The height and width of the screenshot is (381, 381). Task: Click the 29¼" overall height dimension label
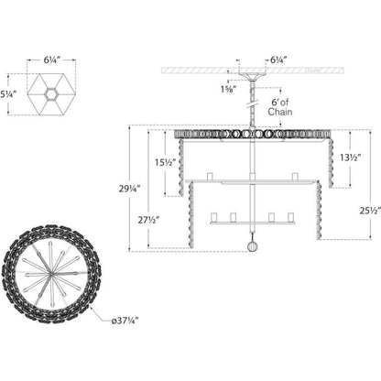pyautogui.click(x=129, y=189)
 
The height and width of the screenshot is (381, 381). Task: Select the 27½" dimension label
pyautogui.click(x=148, y=220)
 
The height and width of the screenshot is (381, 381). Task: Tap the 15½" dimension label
pyautogui.click(x=166, y=162)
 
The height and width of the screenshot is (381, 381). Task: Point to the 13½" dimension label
pyautogui.click(x=351, y=158)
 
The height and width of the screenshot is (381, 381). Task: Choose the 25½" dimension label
pyautogui.click(x=370, y=211)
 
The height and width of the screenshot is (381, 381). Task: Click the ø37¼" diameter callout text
pyautogui.click(x=125, y=321)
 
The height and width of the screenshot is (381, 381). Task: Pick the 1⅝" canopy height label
pyautogui.click(x=228, y=89)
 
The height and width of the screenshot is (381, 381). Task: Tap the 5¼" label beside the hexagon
pyautogui.click(x=8, y=94)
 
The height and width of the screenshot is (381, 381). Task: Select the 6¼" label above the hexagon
pyautogui.click(x=51, y=60)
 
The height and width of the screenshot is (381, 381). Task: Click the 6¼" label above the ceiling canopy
pyautogui.click(x=278, y=60)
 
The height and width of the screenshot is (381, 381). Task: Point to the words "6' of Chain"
pyautogui.click(x=280, y=107)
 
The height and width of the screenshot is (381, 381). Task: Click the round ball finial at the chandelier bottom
pyautogui.click(x=253, y=246)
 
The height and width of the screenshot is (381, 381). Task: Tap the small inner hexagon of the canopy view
pyautogui.click(x=51, y=94)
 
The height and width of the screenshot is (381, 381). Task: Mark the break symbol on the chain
pyautogui.click(x=252, y=104)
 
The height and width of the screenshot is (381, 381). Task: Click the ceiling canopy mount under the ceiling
pyautogui.click(x=253, y=76)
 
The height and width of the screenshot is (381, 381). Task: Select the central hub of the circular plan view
pyautogui.click(x=50, y=274)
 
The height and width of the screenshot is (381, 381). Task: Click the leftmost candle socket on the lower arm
pyautogui.click(x=214, y=217)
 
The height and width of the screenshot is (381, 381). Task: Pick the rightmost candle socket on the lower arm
pyautogui.click(x=290, y=217)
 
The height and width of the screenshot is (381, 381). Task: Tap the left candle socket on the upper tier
pyautogui.click(x=210, y=177)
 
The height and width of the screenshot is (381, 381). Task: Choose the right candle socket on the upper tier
pyautogui.click(x=295, y=177)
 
